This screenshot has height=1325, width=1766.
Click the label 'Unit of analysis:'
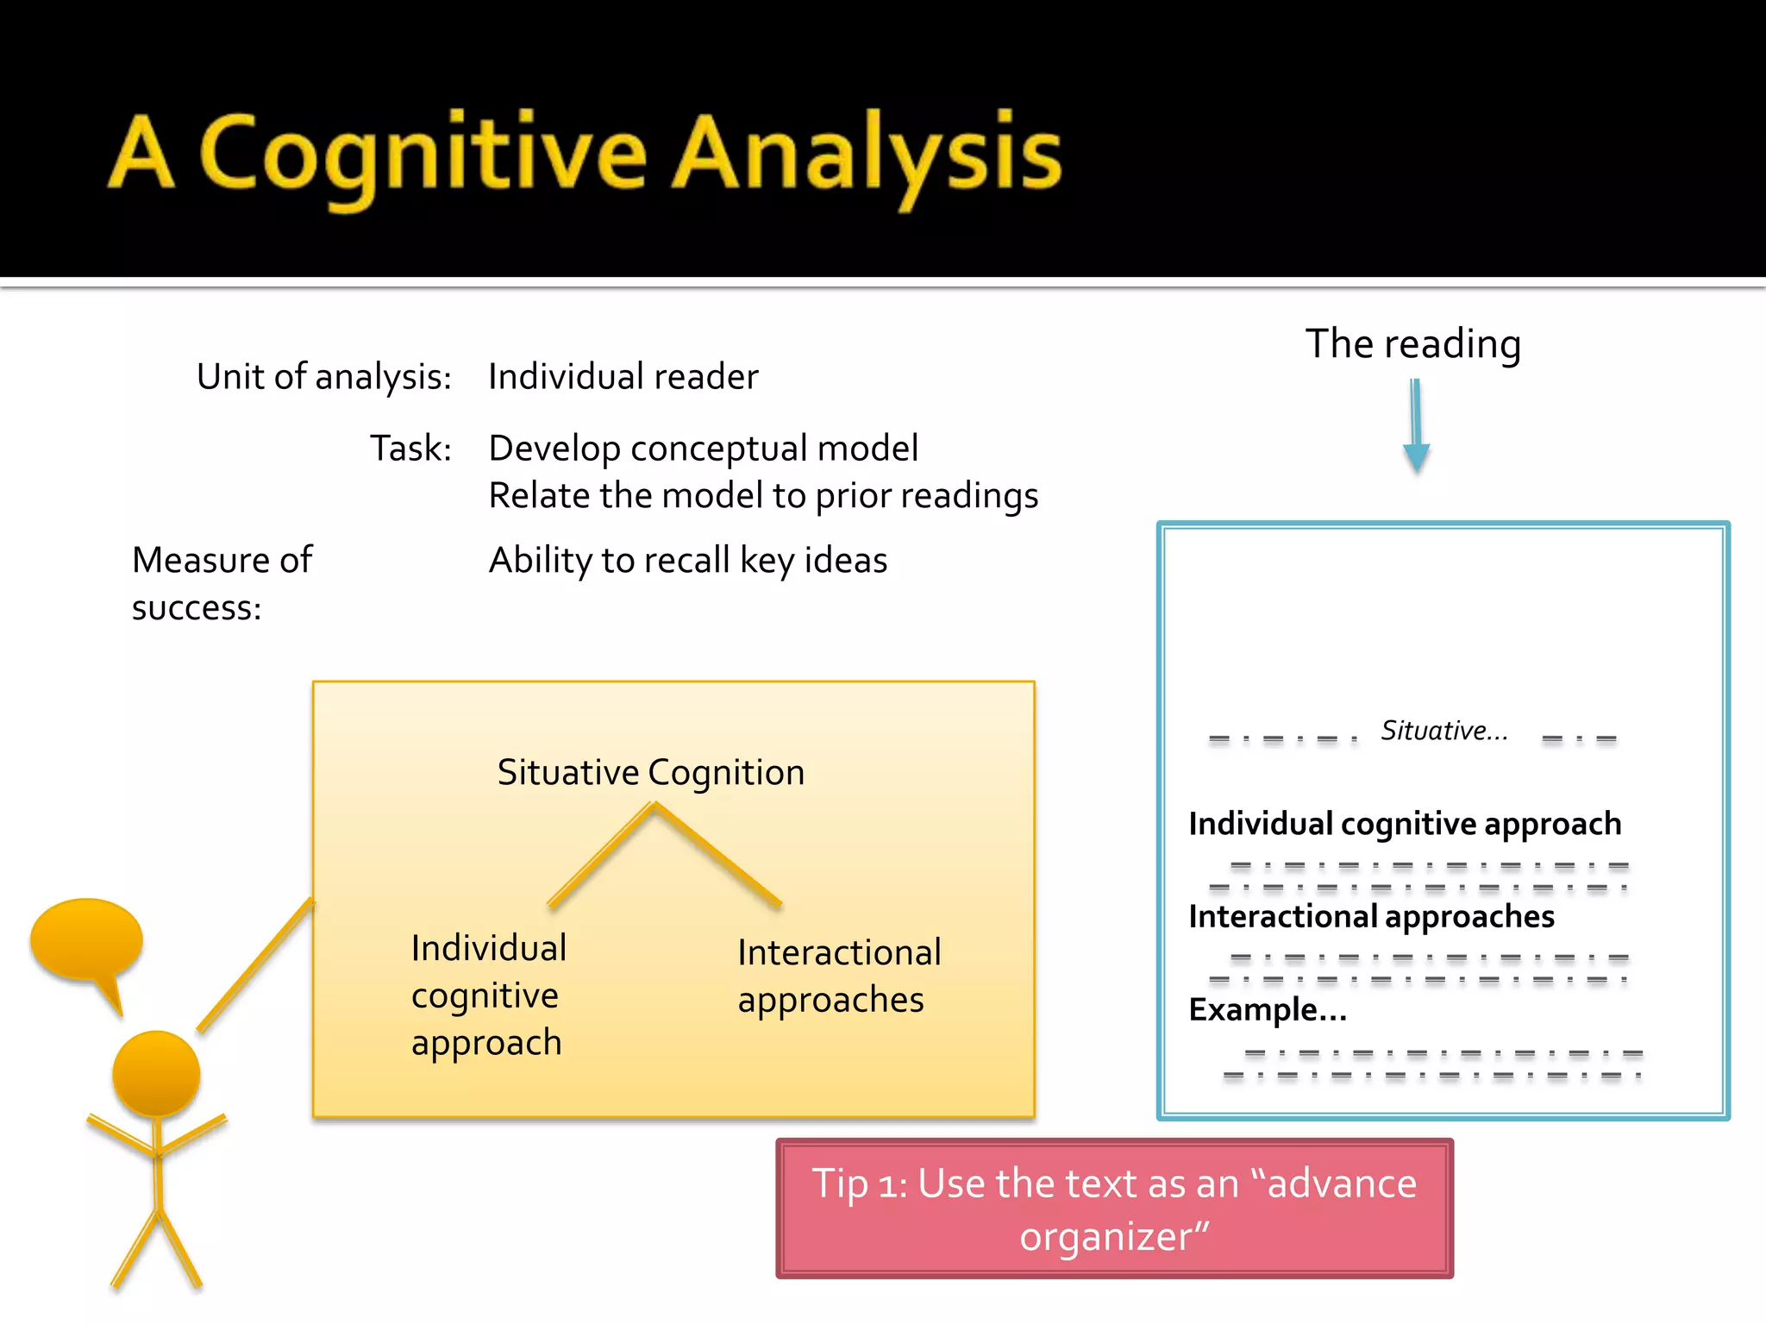click(324, 377)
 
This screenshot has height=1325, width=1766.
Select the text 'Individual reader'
click(623, 377)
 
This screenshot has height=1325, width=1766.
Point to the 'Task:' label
click(410, 449)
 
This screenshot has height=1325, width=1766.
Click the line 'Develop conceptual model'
click(703, 449)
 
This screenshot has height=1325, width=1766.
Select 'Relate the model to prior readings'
click(763, 496)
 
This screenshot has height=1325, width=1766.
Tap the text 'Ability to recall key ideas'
click(687, 561)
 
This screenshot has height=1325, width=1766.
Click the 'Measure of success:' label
click(222, 583)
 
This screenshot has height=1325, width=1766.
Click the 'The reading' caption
click(1412, 343)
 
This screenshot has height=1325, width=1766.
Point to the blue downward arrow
click(1416, 427)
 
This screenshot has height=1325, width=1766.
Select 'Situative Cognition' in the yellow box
click(651, 772)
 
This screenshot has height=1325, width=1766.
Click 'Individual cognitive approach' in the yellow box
click(488, 995)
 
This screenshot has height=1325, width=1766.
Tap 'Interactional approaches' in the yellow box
click(838, 976)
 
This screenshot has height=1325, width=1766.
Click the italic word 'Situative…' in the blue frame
click(1444, 732)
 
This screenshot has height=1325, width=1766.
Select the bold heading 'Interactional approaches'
click(1371, 916)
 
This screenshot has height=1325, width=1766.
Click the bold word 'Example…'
click(1267, 1009)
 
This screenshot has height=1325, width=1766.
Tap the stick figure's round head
click(156, 1074)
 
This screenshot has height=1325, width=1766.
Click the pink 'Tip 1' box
click(1114, 1209)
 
